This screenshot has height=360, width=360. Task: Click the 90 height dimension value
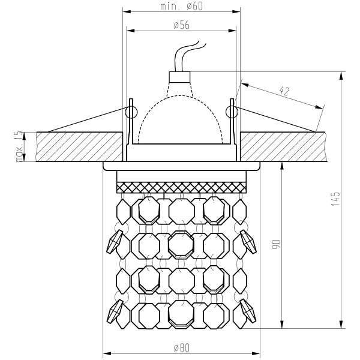[x=276, y=244]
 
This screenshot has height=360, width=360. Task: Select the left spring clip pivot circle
[x=130, y=110]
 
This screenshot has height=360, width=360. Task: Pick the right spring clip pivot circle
[x=232, y=110]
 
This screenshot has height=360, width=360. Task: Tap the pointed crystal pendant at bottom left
[x=115, y=311]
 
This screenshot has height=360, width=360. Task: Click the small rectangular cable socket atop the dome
[x=181, y=77]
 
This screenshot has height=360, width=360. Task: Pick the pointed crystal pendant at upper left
[x=115, y=241]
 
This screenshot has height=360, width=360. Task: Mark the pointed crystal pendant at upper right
[x=247, y=241]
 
